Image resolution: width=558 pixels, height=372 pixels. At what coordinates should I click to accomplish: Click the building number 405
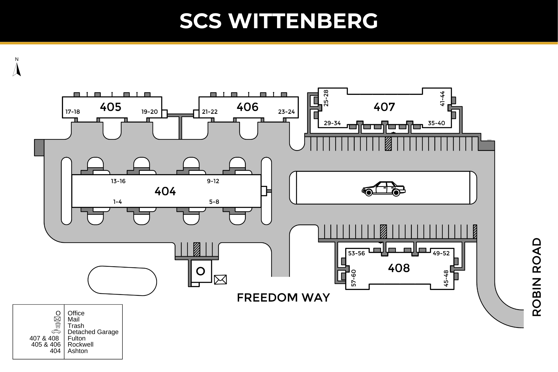(x=110, y=107)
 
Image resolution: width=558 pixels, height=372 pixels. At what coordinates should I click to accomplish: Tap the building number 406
(x=247, y=107)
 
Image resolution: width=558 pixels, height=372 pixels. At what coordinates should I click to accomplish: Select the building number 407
(x=384, y=107)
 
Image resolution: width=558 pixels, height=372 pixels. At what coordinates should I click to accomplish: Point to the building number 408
(x=399, y=268)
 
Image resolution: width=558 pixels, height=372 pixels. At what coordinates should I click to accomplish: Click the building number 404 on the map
(x=165, y=191)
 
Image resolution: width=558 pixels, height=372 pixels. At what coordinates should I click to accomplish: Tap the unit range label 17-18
(x=73, y=112)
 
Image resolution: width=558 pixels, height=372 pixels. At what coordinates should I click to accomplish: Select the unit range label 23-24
(x=286, y=112)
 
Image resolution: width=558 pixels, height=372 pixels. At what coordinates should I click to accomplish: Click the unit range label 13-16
(x=118, y=181)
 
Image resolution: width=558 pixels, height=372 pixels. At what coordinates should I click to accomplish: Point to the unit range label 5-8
(x=214, y=202)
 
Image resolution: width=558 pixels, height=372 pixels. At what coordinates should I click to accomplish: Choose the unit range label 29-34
(x=332, y=123)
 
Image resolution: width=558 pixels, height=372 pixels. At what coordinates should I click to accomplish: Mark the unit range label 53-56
(x=357, y=253)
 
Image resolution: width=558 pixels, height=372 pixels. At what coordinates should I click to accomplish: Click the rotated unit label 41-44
(x=442, y=99)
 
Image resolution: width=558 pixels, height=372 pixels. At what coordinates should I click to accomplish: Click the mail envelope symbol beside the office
(x=220, y=279)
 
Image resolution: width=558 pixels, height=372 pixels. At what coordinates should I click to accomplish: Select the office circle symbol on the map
(x=201, y=271)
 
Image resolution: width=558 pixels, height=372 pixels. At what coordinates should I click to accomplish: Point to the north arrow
(x=17, y=69)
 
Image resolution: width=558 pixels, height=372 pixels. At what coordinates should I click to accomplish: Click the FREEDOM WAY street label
(x=283, y=298)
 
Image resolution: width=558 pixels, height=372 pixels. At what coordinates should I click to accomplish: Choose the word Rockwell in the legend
(x=80, y=345)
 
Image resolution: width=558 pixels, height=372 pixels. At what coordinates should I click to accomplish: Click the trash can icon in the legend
(x=58, y=325)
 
